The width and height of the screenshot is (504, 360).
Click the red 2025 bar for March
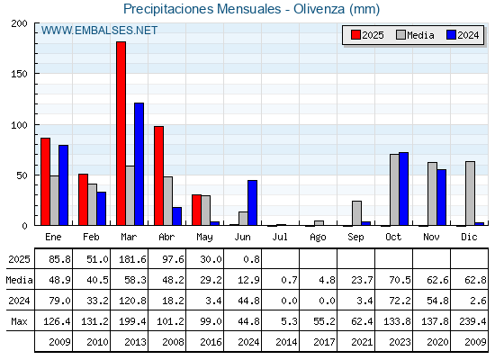tap(121, 133)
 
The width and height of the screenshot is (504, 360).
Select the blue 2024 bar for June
tap(252, 202)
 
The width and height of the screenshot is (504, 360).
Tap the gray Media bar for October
tap(394, 190)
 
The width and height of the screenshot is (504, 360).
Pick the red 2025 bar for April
tap(158, 175)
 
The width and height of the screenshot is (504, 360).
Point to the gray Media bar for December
tap(470, 193)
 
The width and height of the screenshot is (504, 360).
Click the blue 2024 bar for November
tap(441, 197)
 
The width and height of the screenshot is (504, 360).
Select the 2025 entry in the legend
tap(367, 35)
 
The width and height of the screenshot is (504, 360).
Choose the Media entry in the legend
tap(415, 35)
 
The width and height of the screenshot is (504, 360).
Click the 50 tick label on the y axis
tap(22, 175)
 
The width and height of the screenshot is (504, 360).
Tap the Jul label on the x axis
tap(280, 237)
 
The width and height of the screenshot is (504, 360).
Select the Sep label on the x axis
tap(355, 238)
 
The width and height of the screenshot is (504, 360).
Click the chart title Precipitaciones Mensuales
tap(202, 9)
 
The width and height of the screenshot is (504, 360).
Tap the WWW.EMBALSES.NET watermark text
tap(99, 31)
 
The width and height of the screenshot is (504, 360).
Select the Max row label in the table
tap(19, 321)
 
